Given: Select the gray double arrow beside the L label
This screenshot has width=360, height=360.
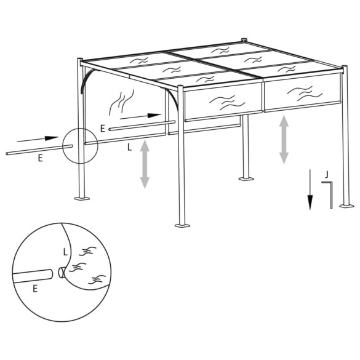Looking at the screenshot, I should click(145, 164).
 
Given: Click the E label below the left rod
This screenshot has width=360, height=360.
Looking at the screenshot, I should click(40, 158).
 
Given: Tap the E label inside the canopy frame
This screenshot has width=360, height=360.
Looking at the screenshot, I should click(103, 128).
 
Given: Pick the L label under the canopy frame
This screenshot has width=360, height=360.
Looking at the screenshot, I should click(127, 148).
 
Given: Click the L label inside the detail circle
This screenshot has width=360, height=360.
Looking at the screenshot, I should click(66, 251).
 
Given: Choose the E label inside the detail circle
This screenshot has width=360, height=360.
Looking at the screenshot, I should click(34, 288).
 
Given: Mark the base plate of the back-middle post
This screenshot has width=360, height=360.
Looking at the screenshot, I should click(247, 180).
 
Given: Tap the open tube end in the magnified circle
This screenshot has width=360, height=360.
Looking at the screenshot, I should click(62, 271).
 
